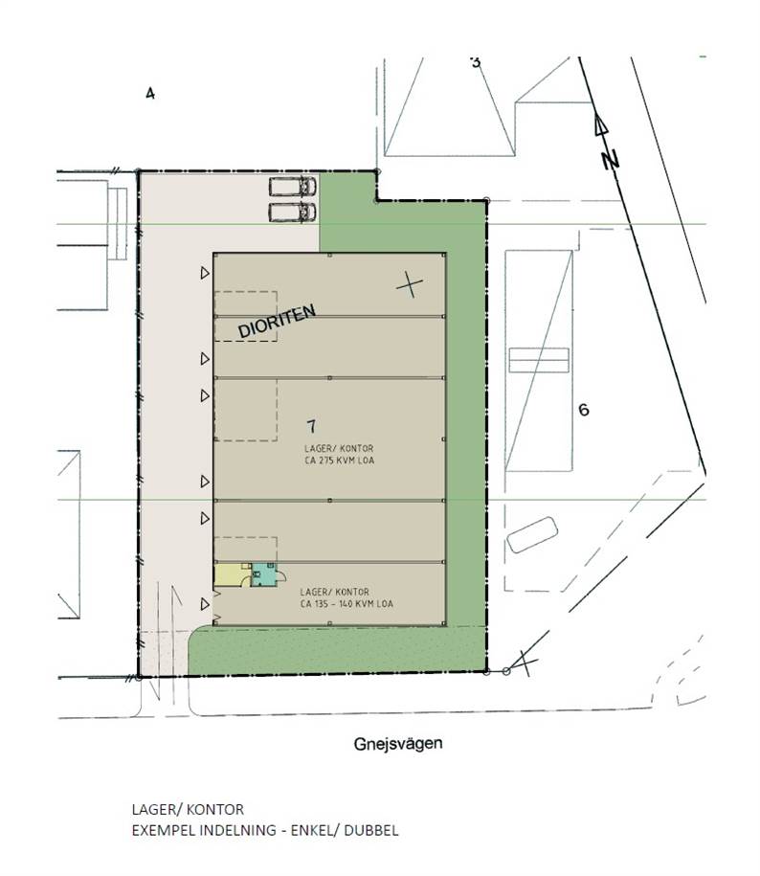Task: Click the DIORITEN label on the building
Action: click(x=277, y=322)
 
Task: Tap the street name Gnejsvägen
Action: click(x=398, y=744)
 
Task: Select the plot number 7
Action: click(x=312, y=426)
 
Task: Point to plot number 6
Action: click(x=584, y=410)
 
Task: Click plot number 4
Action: click(x=149, y=93)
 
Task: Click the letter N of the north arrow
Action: click(x=611, y=160)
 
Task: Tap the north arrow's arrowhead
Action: click(x=600, y=124)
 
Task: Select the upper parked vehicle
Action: click(x=293, y=187)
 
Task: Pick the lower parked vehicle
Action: click(x=293, y=213)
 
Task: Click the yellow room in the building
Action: click(x=232, y=574)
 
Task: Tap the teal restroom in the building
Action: click(x=264, y=574)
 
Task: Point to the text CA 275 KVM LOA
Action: click(x=340, y=460)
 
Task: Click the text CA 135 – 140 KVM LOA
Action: click(x=346, y=604)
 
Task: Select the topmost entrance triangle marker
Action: click(x=205, y=273)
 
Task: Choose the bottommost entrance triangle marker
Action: click(x=205, y=604)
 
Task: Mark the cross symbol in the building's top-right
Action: click(x=410, y=285)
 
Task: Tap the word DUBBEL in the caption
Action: click(x=371, y=830)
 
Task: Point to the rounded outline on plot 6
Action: click(x=532, y=534)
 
